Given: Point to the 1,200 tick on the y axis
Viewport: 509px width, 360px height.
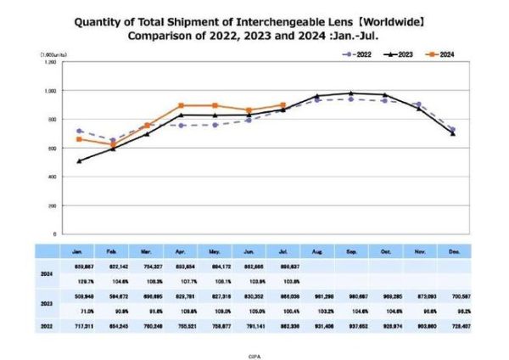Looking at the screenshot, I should point(50,62).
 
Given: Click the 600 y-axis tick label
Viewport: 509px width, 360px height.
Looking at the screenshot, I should point(52,149).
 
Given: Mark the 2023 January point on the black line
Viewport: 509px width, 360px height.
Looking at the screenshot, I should point(80,160).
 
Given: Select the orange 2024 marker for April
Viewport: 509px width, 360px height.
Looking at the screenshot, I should point(181,105).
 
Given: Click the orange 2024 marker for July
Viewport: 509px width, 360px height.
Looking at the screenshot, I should point(282,104).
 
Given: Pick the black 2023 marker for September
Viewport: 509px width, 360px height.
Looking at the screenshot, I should point(350,93).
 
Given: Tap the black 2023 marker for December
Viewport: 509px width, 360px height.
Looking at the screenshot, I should point(451,133).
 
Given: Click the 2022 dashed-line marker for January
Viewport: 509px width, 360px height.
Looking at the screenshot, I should point(80,131).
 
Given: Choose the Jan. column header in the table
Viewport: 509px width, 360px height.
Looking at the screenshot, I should point(79,252).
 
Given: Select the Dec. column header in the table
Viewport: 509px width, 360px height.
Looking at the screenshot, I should point(451,252).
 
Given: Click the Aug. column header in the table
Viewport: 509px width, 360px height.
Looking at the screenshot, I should point(316,252).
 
